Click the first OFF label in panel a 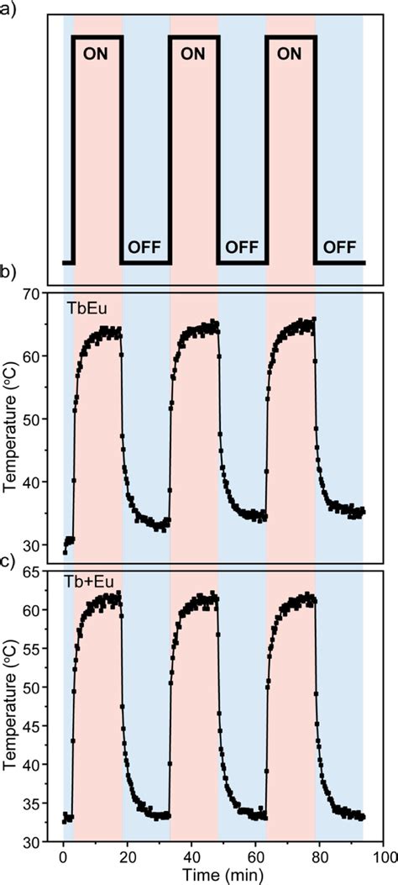pos(145,248)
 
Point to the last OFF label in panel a pos(339,248)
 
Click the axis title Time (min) pos(223,875)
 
